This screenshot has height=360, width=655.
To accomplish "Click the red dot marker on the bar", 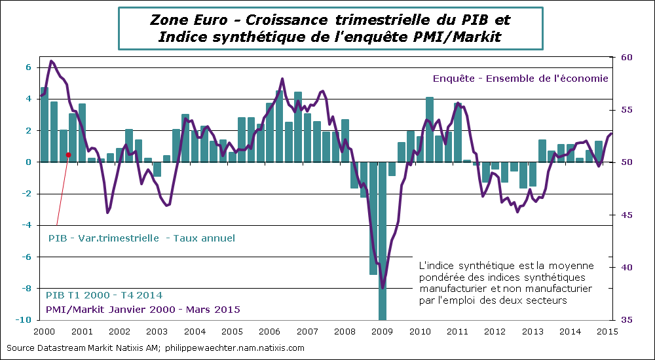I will click(68, 155).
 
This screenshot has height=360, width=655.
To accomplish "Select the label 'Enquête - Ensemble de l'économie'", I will click(520, 78).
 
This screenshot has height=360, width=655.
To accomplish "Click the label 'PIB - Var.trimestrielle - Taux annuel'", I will click(141, 238).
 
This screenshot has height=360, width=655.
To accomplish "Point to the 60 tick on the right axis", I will click(627, 58).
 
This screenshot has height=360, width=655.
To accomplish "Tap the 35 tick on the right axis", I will click(627, 320).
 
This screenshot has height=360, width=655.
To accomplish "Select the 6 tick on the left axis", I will click(28, 67).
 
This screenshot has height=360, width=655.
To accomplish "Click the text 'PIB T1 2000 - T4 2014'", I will click(104, 296).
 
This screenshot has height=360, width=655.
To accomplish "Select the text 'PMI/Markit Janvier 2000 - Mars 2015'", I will click(142, 309).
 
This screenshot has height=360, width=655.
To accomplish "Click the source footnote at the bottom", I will click(155, 348).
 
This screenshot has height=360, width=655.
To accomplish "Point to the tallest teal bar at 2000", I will click(45, 124).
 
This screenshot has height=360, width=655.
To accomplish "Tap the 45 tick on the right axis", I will click(627, 215).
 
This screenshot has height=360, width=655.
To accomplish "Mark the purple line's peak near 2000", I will click(52, 61).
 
